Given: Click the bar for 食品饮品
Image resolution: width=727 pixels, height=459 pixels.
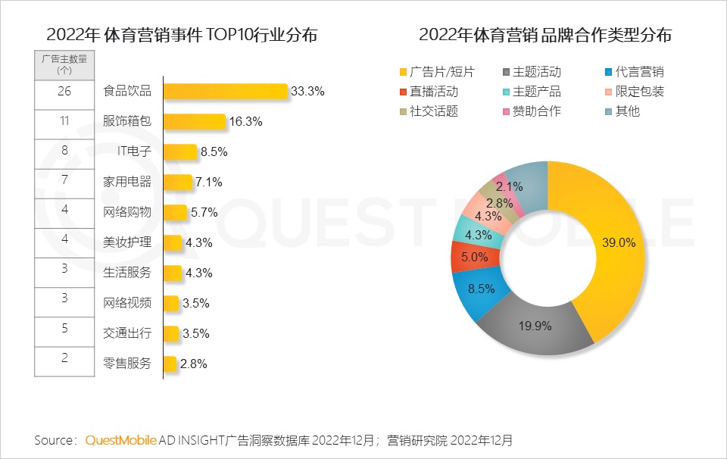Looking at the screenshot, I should tap(225, 92).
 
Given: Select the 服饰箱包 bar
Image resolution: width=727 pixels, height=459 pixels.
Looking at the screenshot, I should tap(194, 122).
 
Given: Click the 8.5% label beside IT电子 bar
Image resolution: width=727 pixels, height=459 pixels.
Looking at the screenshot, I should tap(214, 151).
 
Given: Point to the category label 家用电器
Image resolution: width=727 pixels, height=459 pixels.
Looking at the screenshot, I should tap(127, 182).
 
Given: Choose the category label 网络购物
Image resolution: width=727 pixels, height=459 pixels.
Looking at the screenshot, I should tap(127, 212).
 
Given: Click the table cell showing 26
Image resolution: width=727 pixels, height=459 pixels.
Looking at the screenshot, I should tap(64, 92).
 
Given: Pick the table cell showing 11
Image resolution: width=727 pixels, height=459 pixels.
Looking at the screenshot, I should tap(64, 120).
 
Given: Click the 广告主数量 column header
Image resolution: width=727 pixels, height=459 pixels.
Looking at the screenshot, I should tap(64, 64).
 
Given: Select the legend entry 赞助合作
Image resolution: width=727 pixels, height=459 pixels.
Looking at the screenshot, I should tap(536, 111).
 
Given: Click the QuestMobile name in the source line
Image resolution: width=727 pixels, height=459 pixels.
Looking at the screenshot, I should tap(121, 440).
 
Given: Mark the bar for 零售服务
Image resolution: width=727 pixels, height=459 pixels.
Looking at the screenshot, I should tap(170, 364).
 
